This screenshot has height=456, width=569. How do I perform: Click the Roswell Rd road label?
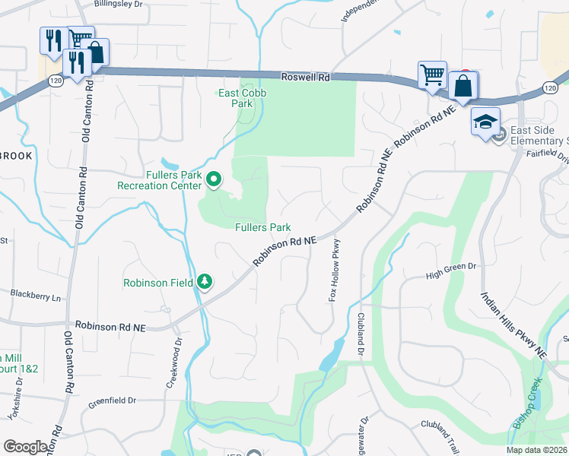click(x=305, y=77)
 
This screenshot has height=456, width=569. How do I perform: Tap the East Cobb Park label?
click(x=235, y=99)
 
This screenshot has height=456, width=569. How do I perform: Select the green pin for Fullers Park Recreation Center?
click(x=215, y=180)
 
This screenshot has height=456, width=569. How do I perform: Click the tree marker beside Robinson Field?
click(x=205, y=282)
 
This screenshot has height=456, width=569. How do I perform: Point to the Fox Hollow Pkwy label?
click(x=333, y=270)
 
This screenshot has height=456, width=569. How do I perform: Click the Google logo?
click(x=26, y=447)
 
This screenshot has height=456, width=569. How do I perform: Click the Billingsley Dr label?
click(x=118, y=4)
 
